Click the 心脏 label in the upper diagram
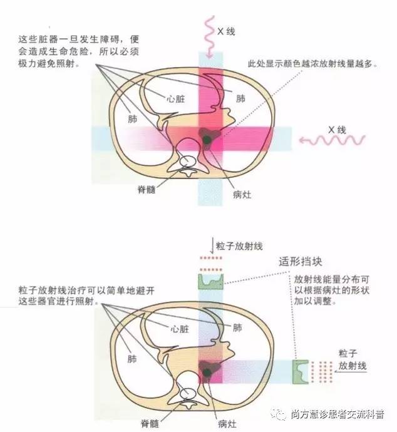(176, 98)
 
